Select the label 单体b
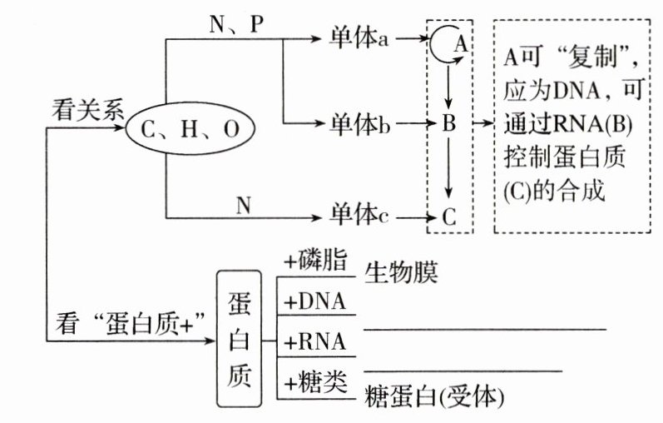pos(359,127)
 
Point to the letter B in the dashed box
pos(449,127)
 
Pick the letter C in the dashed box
pos(449,218)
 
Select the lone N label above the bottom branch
pos(244,203)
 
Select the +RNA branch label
pos(315,341)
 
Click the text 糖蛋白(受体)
pos(436,398)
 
